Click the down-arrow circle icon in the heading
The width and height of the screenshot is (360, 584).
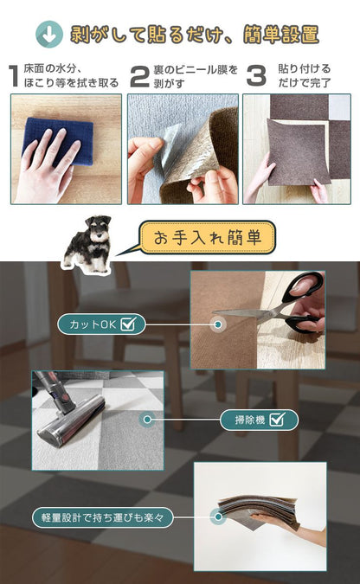[x=49, y=35]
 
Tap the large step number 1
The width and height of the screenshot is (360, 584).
[x=12, y=75]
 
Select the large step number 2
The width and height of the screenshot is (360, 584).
[x=138, y=75]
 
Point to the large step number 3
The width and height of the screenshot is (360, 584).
[x=255, y=75]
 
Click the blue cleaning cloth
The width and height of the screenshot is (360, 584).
[x=59, y=142]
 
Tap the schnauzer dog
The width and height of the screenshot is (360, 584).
[x=91, y=244]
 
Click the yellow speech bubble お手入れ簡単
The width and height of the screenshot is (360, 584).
[x=208, y=236]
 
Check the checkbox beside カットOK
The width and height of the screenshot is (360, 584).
[x=129, y=324]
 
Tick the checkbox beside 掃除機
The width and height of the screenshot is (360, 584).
[x=278, y=420]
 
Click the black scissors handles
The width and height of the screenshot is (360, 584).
[x=303, y=303]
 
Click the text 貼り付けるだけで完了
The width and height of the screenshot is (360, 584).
[x=305, y=75]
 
